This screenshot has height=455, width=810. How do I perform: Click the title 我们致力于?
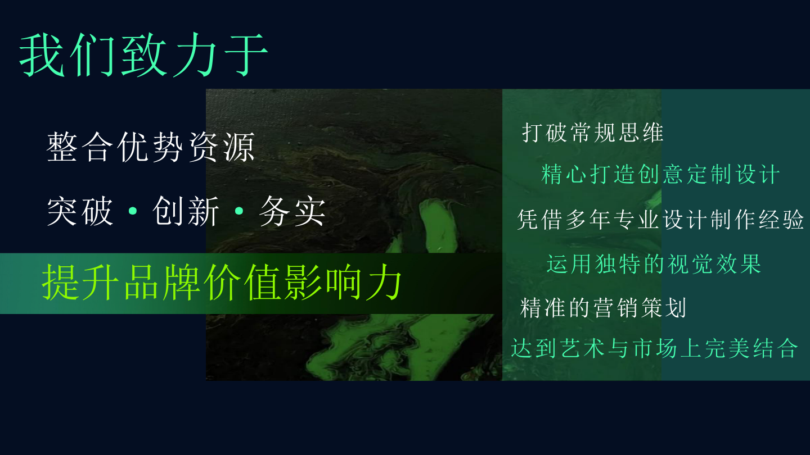point(143,55)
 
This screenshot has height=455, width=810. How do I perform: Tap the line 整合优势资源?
point(151,147)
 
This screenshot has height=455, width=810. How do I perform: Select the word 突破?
point(79,211)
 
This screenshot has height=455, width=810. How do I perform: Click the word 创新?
point(186,211)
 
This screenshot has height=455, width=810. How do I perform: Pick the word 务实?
point(292,211)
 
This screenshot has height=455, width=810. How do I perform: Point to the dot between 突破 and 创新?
point(133,211)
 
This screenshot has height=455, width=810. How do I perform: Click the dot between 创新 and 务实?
point(239,211)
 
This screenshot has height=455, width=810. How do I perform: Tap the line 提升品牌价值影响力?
point(222,283)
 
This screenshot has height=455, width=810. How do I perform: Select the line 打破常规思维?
point(592,133)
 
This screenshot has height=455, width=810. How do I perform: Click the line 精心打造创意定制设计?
point(660,174)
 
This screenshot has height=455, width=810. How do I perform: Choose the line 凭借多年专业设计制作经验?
point(660,219)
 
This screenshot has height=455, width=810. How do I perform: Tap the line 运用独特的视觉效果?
point(654,264)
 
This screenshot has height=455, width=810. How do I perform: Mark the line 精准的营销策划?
point(603,308)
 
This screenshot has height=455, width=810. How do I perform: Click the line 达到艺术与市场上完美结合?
point(655,348)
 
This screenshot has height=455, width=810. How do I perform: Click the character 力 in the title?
point(195,55)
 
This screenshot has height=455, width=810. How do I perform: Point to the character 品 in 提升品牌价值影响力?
point(141,283)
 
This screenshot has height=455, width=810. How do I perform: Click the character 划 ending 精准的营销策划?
point(676,308)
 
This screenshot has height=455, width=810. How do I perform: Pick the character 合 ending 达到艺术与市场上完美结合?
point(787,348)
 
